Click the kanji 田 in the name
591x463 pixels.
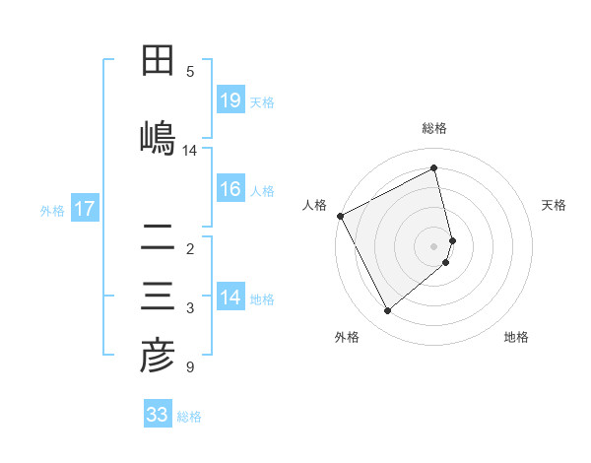click(x=159, y=61)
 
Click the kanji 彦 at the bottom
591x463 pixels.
click(x=159, y=357)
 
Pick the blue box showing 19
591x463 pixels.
click(x=230, y=100)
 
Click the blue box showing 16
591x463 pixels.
click(x=230, y=189)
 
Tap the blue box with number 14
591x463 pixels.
click(x=230, y=298)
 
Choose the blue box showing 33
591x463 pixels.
click(x=158, y=415)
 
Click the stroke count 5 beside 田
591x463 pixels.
click(x=190, y=71)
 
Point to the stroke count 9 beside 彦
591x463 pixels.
click(x=190, y=368)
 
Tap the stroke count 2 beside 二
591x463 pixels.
click(x=190, y=248)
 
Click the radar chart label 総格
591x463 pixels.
click(x=434, y=128)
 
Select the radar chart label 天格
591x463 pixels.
click(x=555, y=205)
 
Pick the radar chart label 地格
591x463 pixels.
click(x=516, y=337)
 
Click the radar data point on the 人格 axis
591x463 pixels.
click(x=340, y=216)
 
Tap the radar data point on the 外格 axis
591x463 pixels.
click(x=387, y=311)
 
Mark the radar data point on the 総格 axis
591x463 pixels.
click(x=434, y=167)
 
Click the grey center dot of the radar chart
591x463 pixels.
click(x=434, y=245)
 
